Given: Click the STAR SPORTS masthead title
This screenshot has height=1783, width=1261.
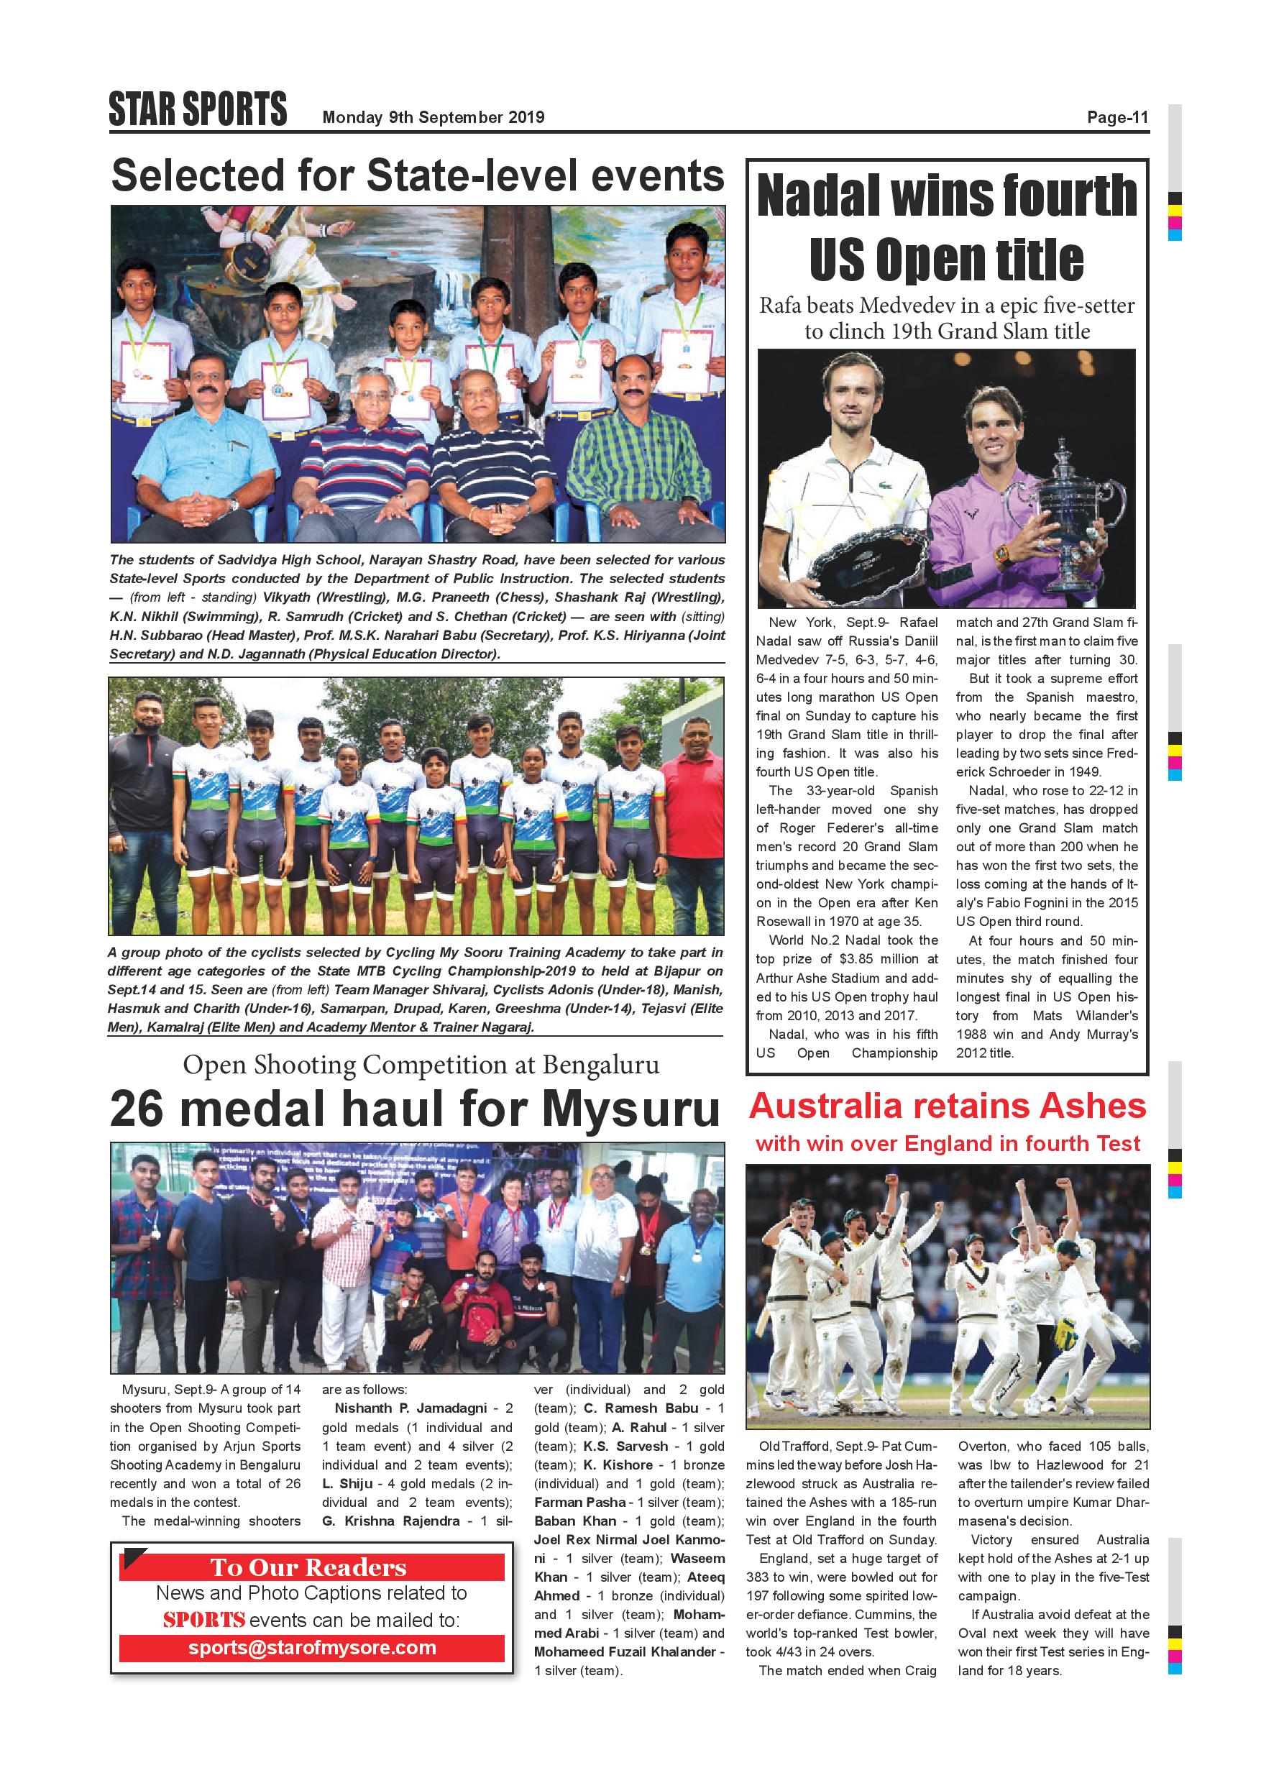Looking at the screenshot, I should (198, 109).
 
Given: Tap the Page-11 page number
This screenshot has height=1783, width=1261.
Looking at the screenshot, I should (1116, 117).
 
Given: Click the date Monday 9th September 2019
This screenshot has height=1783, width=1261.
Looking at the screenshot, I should (434, 117).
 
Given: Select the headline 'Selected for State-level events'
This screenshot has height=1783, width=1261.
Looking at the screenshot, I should (418, 175).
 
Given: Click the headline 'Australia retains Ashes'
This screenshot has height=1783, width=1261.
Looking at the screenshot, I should (948, 1106).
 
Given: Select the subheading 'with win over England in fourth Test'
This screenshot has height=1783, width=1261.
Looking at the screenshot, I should (948, 1144).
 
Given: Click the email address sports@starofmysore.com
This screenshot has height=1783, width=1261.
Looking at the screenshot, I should (311, 1648).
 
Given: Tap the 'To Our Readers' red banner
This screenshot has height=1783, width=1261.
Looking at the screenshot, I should (311, 1567).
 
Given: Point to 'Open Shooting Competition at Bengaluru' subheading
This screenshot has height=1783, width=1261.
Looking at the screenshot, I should (421, 1065).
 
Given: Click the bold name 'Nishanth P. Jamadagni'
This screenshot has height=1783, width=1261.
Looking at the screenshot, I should (411, 1408).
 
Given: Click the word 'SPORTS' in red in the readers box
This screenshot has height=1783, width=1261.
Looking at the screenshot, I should (204, 1620).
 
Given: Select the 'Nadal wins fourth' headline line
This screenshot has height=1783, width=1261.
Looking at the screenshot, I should (947, 196).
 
